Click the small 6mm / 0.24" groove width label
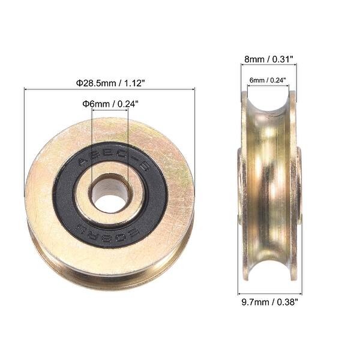pyautogui.click(x=268, y=80)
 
